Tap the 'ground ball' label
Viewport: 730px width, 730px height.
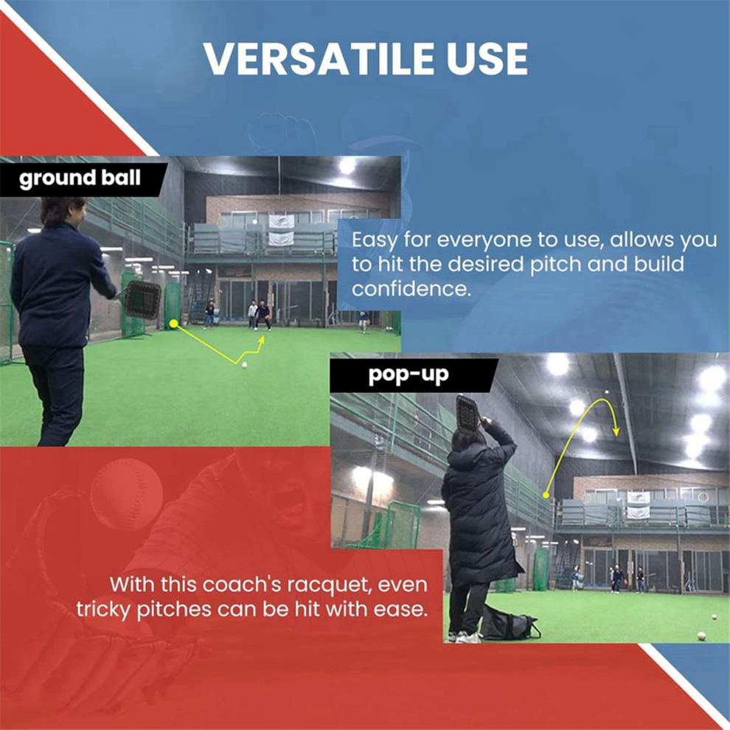pyautogui.click(x=80, y=178)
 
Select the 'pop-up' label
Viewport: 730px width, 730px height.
pyautogui.click(x=409, y=375)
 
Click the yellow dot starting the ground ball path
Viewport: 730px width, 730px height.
pyautogui.click(x=174, y=324)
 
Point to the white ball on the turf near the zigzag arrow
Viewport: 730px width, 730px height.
pyautogui.click(x=244, y=365)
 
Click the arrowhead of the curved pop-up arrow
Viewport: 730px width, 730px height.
pyautogui.click(x=616, y=431)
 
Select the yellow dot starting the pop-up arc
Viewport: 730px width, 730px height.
pyautogui.click(x=546, y=495)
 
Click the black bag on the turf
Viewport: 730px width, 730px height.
pyautogui.click(x=509, y=622)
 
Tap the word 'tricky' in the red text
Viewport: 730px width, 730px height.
pyautogui.click(x=103, y=610)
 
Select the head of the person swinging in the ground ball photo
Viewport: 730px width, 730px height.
pyautogui.click(x=63, y=212)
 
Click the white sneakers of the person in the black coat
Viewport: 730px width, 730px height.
pyautogui.click(x=463, y=637)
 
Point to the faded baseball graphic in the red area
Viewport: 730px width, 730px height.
pyautogui.click(x=127, y=495)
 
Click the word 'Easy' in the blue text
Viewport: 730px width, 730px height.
pyautogui.click(x=375, y=240)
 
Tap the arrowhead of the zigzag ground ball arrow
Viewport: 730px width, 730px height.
pyautogui.click(x=261, y=341)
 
